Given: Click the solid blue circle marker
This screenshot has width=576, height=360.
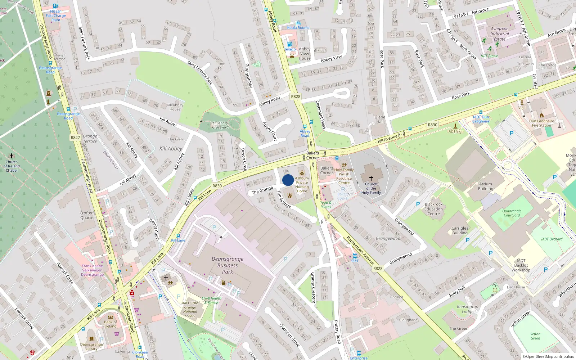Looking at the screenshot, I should pyautogui.click(x=288, y=180).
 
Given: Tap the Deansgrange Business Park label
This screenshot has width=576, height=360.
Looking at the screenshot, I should pyautogui.click(x=228, y=265).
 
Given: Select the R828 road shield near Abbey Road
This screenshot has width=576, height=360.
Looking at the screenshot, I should pyautogui.click(x=295, y=96).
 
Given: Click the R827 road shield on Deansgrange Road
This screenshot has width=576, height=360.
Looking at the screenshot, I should pyautogui.click(x=75, y=138).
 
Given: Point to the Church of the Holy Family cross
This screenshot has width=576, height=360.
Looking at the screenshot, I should pyautogui.click(x=371, y=178).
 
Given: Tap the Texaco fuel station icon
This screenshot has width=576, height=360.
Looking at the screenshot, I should pyautogui.click(x=290, y=44).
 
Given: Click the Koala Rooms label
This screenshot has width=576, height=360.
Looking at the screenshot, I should pyautogui.click(x=298, y=28).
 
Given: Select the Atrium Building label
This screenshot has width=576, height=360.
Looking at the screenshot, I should pyautogui.click(x=485, y=186).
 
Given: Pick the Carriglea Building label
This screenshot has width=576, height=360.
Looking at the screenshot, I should pyautogui.click(x=460, y=230).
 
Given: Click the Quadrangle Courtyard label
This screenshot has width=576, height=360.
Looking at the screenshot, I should pyautogui.click(x=512, y=213).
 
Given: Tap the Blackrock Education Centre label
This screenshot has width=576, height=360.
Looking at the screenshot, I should pyautogui.click(x=433, y=209).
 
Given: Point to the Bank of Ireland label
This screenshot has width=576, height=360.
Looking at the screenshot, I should pyautogui.click(x=111, y=324).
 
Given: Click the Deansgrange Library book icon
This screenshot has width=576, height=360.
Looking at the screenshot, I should pyautogui.click(x=91, y=338).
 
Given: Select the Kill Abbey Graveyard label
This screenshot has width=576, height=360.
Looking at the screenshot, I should pyautogui.click(x=220, y=125).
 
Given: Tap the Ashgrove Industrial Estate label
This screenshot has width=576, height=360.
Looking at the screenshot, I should pyautogui.click(x=499, y=34).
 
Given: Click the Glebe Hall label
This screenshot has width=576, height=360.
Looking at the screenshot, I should pyautogui.click(x=380, y=119).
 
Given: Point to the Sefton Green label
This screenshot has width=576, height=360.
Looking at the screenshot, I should pyautogui.click(x=535, y=336).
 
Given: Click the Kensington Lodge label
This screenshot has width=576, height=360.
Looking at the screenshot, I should pyautogui.click(x=468, y=309).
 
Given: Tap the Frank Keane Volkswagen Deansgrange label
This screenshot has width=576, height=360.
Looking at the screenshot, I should pyautogui.click(x=92, y=270).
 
